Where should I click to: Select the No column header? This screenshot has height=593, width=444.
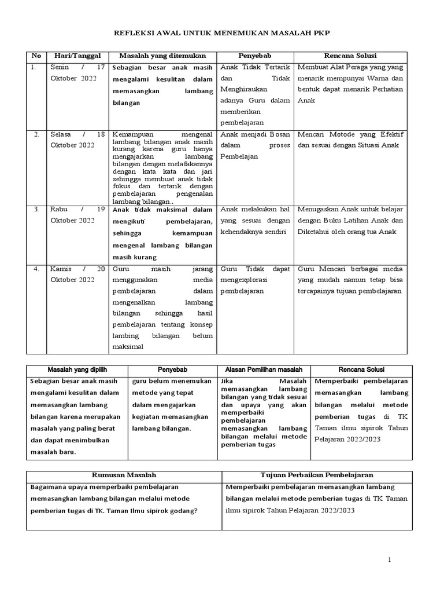pyautogui.click(x=36, y=56)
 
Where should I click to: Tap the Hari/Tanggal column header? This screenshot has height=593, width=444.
pyautogui.click(x=77, y=56)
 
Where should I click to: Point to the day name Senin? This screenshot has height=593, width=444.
pyautogui.click(x=60, y=67)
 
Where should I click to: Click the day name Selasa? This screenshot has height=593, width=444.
pyautogui.click(x=62, y=134)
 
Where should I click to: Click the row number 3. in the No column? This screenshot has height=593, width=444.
pyautogui.click(x=36, y=209)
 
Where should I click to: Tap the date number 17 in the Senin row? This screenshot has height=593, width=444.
pyautogui.click(x=101, y=67)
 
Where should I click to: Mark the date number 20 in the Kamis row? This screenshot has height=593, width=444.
pyautogui.click(x=101, y=269)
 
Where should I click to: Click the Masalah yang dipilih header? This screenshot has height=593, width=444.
pyautogui.click(x=77, y=369)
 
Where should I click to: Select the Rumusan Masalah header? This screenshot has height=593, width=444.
pyautogui.click(x=124, y=475)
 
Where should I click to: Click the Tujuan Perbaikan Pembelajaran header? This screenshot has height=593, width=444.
pyautogui.click(x=317, y=475)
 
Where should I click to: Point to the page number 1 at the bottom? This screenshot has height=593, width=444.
pyautogui.click(x=389, y=559)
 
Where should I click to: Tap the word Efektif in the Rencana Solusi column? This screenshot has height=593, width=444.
pyautogui.click(x=390, y=134)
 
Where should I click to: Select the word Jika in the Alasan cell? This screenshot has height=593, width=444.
pyautogui.click(x=228, y=381)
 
